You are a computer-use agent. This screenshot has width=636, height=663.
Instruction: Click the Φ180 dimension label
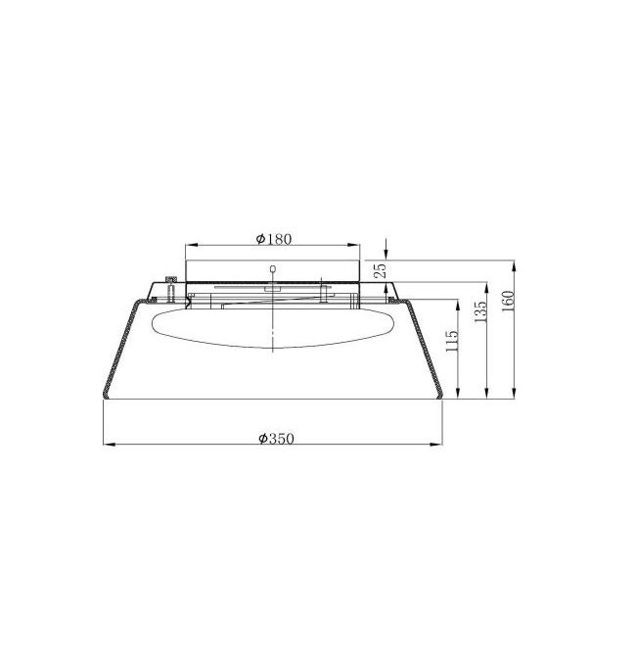pos(274,239)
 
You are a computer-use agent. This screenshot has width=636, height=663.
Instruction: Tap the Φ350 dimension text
pos(276,439)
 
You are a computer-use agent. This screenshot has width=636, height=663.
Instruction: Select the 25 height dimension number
pos(381,269)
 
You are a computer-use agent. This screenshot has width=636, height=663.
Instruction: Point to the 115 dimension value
pos(451,341)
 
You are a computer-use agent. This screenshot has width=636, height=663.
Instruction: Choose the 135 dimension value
pos(480,311)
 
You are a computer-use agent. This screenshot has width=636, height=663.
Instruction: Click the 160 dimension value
pos(507,301)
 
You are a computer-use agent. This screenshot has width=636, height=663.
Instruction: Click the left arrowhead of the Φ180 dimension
pos(192,245)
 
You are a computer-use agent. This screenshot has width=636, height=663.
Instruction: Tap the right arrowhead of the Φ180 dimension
pos(353,245)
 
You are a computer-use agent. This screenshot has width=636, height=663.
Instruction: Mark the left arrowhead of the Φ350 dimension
pos(110,444)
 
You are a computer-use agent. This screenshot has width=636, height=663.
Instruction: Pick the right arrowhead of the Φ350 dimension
pos(436,444)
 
